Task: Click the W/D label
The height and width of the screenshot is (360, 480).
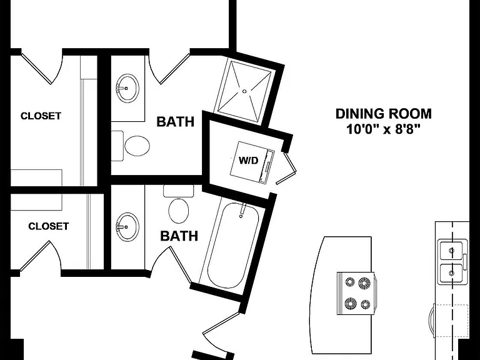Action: pos(248,160)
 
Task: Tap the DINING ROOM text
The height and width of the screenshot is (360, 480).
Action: pos(384,114)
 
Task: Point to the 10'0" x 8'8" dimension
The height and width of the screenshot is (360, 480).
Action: pos(382,129)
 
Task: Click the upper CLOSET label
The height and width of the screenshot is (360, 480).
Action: pos(41,116)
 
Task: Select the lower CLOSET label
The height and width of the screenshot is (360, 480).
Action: pos(48,226)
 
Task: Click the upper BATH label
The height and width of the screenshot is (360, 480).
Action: pos(176,121)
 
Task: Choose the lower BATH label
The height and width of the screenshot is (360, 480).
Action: pos(179,236)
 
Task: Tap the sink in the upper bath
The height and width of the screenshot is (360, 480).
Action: pos(127,88)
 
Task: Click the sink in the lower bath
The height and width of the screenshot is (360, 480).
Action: pos(127,227)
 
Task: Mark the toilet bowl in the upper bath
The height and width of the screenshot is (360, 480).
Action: pos(137,146)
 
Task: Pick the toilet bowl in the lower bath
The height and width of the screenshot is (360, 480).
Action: pos(179,211)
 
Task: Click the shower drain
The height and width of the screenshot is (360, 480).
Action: pos(244,91)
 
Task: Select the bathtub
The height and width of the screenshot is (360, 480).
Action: pos(233,245)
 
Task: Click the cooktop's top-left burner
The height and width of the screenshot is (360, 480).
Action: pos(350,281)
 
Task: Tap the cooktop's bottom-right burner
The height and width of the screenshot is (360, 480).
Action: pos(366,304)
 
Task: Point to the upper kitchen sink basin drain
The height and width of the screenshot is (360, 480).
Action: pos(451,251)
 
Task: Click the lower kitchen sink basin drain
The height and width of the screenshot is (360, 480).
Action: pos(451,272)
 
